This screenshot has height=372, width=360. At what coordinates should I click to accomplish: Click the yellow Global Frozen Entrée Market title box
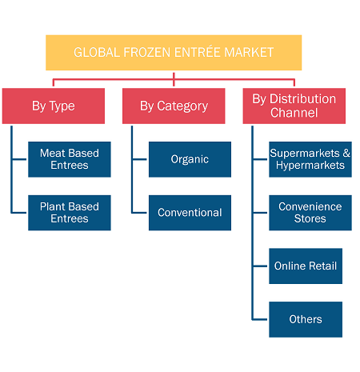point(174,53)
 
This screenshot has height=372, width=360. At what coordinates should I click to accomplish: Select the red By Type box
point(54,106)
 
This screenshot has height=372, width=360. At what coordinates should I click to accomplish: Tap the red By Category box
point(174,106)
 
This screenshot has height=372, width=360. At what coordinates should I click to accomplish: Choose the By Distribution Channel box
point(294,106)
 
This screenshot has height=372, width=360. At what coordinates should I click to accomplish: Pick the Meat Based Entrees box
point(70,159)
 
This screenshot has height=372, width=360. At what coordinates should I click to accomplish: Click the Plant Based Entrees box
point(70,213)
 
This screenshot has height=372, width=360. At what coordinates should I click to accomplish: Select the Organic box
point(190,159)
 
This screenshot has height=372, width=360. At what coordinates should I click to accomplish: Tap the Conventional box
point(190,213)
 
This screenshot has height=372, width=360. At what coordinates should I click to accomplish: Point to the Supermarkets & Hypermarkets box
point(310,159)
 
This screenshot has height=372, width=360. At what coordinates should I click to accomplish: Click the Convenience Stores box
point(310,213)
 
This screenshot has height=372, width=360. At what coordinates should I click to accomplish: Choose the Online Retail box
point(306,266)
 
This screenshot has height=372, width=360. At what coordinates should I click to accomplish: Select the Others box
point(306,319)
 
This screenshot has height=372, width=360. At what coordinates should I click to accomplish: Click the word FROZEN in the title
point(146,53)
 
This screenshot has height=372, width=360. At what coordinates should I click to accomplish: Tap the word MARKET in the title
point(249,53)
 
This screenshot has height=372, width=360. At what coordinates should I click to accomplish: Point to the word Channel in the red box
point(294,113)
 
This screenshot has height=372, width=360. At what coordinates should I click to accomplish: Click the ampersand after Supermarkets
point(346,153)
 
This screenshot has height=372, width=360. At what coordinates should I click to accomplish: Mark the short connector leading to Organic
point(140,159)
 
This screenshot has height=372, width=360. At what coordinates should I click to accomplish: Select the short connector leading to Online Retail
point(260,266)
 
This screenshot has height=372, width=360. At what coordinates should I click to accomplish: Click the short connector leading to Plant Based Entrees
point(19,213)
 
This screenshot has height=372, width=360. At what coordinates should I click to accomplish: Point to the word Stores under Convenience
point(310,218)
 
